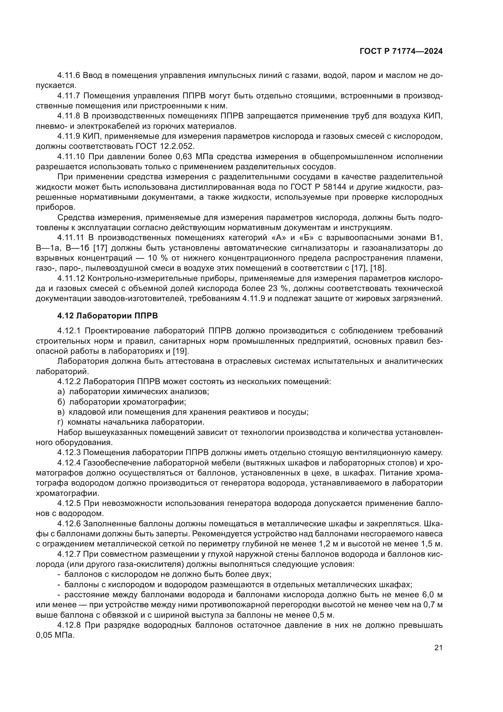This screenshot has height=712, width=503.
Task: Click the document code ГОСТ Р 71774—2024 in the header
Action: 401,51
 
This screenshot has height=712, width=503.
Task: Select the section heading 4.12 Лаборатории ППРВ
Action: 107,316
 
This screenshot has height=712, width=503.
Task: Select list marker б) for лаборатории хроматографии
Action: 61,402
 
